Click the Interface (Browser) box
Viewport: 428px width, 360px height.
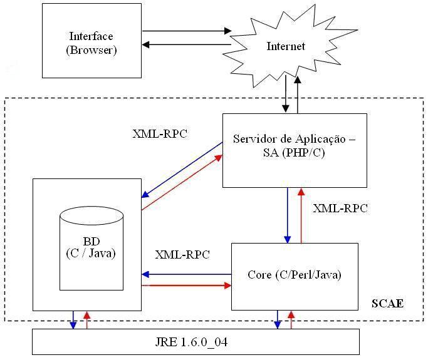tap(91, 41)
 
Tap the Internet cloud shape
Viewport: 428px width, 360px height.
tap(286, 46)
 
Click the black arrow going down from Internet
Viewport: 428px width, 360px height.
tap(286, 94)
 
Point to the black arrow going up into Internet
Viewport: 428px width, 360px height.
tap(298, 94)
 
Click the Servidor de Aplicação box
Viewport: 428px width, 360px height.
tap(294, 150)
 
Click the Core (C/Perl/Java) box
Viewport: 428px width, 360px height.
tap(295, 275)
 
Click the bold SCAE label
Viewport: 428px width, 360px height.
tap(387, 304)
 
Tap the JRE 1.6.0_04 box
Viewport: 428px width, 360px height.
tap(196, 342)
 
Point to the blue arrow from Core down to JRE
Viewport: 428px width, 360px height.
tap(277, 319)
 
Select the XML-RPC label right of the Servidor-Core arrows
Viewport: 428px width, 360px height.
tap(340, 208)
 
